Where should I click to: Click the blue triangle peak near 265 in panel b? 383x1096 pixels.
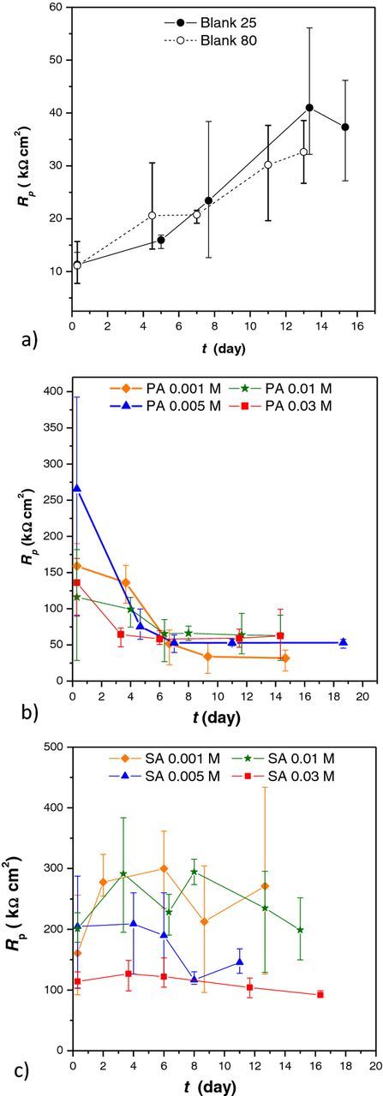coord(77,489)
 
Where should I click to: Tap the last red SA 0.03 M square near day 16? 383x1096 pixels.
coord(320,994)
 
